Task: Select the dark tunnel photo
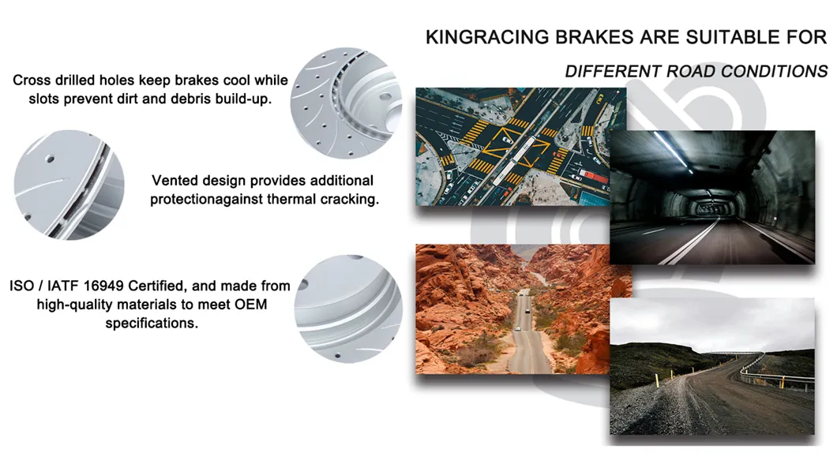click(711, 196)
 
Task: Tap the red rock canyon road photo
click(522, 309)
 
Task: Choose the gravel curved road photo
click(711, 367)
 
